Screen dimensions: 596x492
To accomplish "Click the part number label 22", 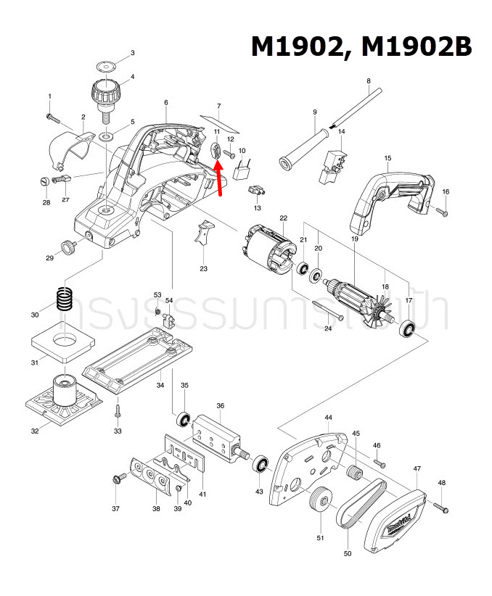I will pyautogui.click(x=283, y=218).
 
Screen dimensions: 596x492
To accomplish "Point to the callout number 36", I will pyautogui.click(x=220, y=406).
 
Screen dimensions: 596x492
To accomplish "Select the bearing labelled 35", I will pyautogui.click(x=184, y=420).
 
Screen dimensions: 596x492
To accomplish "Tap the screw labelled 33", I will pyautogui.click(x=117, y=414).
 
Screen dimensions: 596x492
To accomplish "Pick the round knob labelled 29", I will pyautogui.click(x=71, y=247).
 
